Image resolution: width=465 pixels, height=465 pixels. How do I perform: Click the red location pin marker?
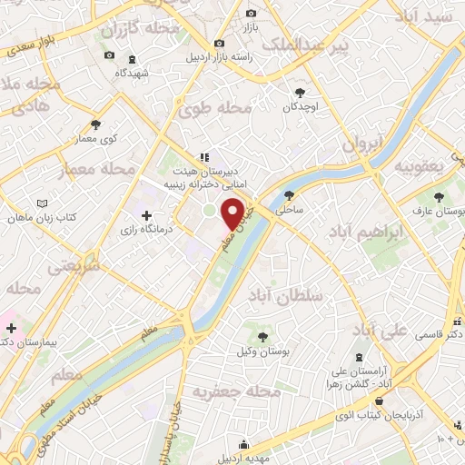tap(233, 213)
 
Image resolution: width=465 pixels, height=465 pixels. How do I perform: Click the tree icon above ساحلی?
tap(290, 194)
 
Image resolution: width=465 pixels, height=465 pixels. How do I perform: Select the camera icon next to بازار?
tap(252, 14)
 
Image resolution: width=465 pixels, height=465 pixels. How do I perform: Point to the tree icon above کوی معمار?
tap(96, 125)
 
